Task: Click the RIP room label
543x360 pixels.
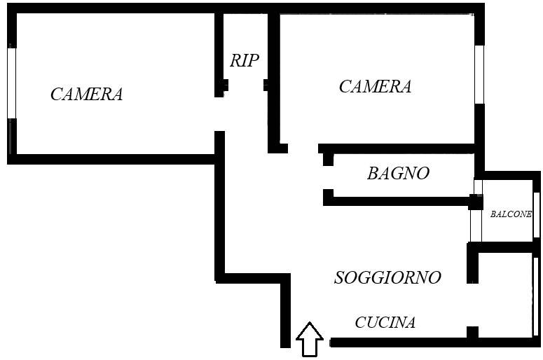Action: pos(244,60)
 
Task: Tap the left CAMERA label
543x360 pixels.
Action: pos(86,94)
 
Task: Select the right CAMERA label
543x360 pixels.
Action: pos(374,86)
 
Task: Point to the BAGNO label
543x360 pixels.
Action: pos(398,173)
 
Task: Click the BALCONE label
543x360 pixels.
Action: pos(510,214)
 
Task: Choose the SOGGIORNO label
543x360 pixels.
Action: pos(387,277)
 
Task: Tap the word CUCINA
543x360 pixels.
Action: pos(385,322)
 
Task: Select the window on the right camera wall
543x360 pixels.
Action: pos(479,74)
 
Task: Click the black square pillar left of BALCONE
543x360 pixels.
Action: pos(476,202)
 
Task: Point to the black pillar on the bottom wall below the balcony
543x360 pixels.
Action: pos(472,333)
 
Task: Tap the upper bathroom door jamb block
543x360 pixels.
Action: pos(328,159)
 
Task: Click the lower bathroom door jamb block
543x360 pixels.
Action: pos(328,197)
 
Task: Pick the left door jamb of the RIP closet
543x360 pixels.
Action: pos(223,85)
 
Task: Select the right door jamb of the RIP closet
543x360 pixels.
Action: pos(267,85)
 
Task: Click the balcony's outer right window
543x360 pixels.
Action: pos(536,214)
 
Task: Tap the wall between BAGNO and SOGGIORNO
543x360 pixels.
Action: pos(399,201)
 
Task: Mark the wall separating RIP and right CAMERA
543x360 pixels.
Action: pos(273,77)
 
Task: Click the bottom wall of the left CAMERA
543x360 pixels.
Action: pos(112,159)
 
